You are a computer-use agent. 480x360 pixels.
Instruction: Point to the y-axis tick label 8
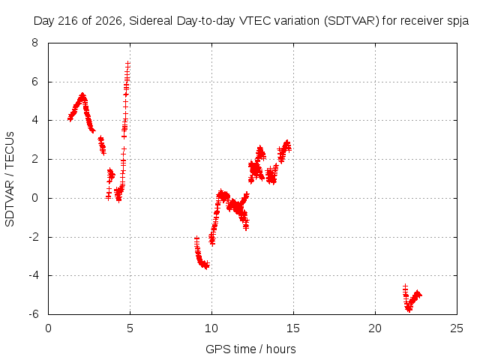[34, 43]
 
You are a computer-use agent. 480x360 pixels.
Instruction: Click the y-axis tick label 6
[34, 82]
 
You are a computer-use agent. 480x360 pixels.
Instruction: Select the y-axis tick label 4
[34, 120]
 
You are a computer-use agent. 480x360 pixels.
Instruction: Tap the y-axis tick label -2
[33, 237]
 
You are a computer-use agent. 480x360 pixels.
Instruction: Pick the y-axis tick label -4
[33, 275]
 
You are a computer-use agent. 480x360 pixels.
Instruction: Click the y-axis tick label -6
[33, 314]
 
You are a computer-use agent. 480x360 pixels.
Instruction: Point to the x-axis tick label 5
[130, 328]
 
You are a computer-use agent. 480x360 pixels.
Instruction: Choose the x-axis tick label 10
[211, 328]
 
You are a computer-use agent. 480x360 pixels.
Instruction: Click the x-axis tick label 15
[293, 328]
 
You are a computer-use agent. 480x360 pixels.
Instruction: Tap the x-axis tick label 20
[375, 328]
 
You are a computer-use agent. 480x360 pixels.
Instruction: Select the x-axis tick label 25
[457, 328]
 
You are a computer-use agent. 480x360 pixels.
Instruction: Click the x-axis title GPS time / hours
[250, 349]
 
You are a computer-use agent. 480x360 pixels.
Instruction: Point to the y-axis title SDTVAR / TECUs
[10, 179]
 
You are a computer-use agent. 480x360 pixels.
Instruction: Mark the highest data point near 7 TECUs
[127, 64]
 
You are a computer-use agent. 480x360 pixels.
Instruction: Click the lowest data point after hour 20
[409, 309]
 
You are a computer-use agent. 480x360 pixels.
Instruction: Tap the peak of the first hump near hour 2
[82, 95]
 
